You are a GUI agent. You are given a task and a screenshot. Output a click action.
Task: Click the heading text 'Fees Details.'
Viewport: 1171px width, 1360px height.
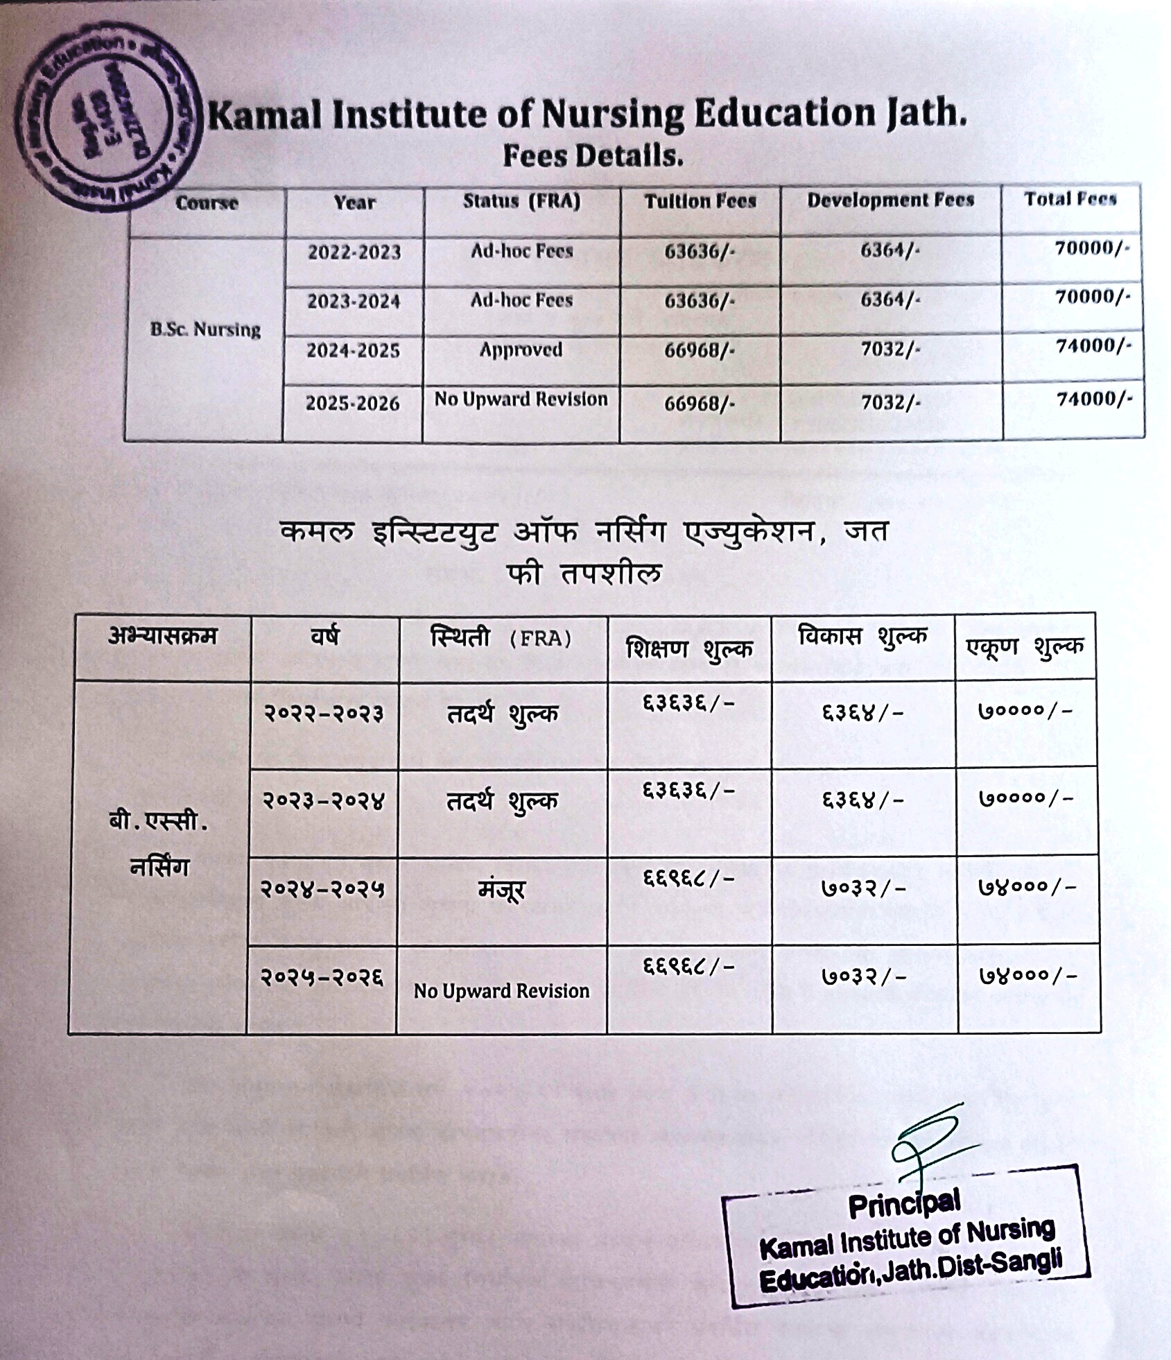tap(593, 156)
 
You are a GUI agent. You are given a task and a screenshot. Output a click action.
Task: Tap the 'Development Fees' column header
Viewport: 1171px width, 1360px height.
tap(890, 200)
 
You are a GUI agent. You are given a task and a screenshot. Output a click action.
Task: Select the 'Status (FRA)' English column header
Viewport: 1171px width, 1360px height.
tap(521, 201)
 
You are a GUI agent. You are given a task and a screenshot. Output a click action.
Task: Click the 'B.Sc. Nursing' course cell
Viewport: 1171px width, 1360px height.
tap(205, 329)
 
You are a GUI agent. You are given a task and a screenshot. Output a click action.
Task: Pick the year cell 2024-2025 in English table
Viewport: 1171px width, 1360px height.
tap(353, 351)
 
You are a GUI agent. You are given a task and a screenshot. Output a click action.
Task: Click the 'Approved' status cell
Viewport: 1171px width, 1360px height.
tap(521, 350)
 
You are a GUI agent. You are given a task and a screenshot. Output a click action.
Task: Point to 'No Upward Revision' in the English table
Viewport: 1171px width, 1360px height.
tap(521, 399)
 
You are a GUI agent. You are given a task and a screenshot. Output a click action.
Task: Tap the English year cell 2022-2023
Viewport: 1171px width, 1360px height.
tap(354, 252)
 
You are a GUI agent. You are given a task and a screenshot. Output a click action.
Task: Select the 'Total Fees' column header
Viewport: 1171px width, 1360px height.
tap(1070, 199)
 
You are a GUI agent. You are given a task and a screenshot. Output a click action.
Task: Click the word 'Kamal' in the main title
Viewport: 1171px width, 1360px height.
tap(265, 115)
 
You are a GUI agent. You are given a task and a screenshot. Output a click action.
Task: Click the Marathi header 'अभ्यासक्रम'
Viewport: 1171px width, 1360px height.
tap(162, 636)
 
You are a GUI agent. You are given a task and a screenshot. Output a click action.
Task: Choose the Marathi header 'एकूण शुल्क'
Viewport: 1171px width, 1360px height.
tap(1025, 647)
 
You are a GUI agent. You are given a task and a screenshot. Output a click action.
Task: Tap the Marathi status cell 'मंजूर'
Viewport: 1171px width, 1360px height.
tap(501, 889)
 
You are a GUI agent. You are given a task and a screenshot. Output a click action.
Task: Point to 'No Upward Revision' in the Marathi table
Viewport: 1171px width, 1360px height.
tap(501, 991)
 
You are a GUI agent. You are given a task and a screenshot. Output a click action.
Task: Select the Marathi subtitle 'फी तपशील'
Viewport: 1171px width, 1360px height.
tap(584, 574)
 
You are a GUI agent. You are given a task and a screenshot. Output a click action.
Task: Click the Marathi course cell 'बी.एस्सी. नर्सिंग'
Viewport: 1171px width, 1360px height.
tap(159, 845)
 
